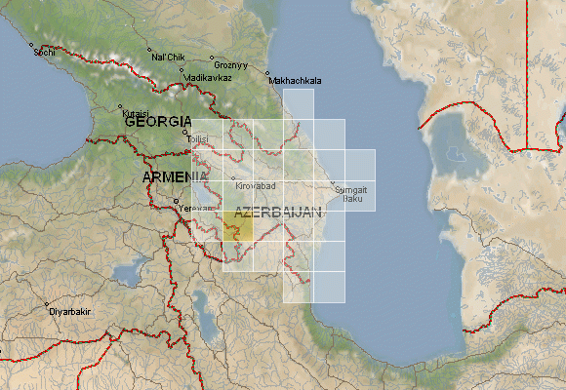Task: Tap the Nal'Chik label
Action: click(168, 58)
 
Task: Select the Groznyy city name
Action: click(231, 66)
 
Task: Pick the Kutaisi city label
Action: click(135, 113)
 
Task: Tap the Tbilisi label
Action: click(197, 138)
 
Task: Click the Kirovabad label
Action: click(256, 184)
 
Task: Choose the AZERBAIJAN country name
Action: click(278, 213)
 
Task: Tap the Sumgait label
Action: click(351, 190)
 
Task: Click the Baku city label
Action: click(354, 200)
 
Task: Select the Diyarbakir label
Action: click(69, 311)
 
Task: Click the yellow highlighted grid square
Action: click(237, 226)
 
